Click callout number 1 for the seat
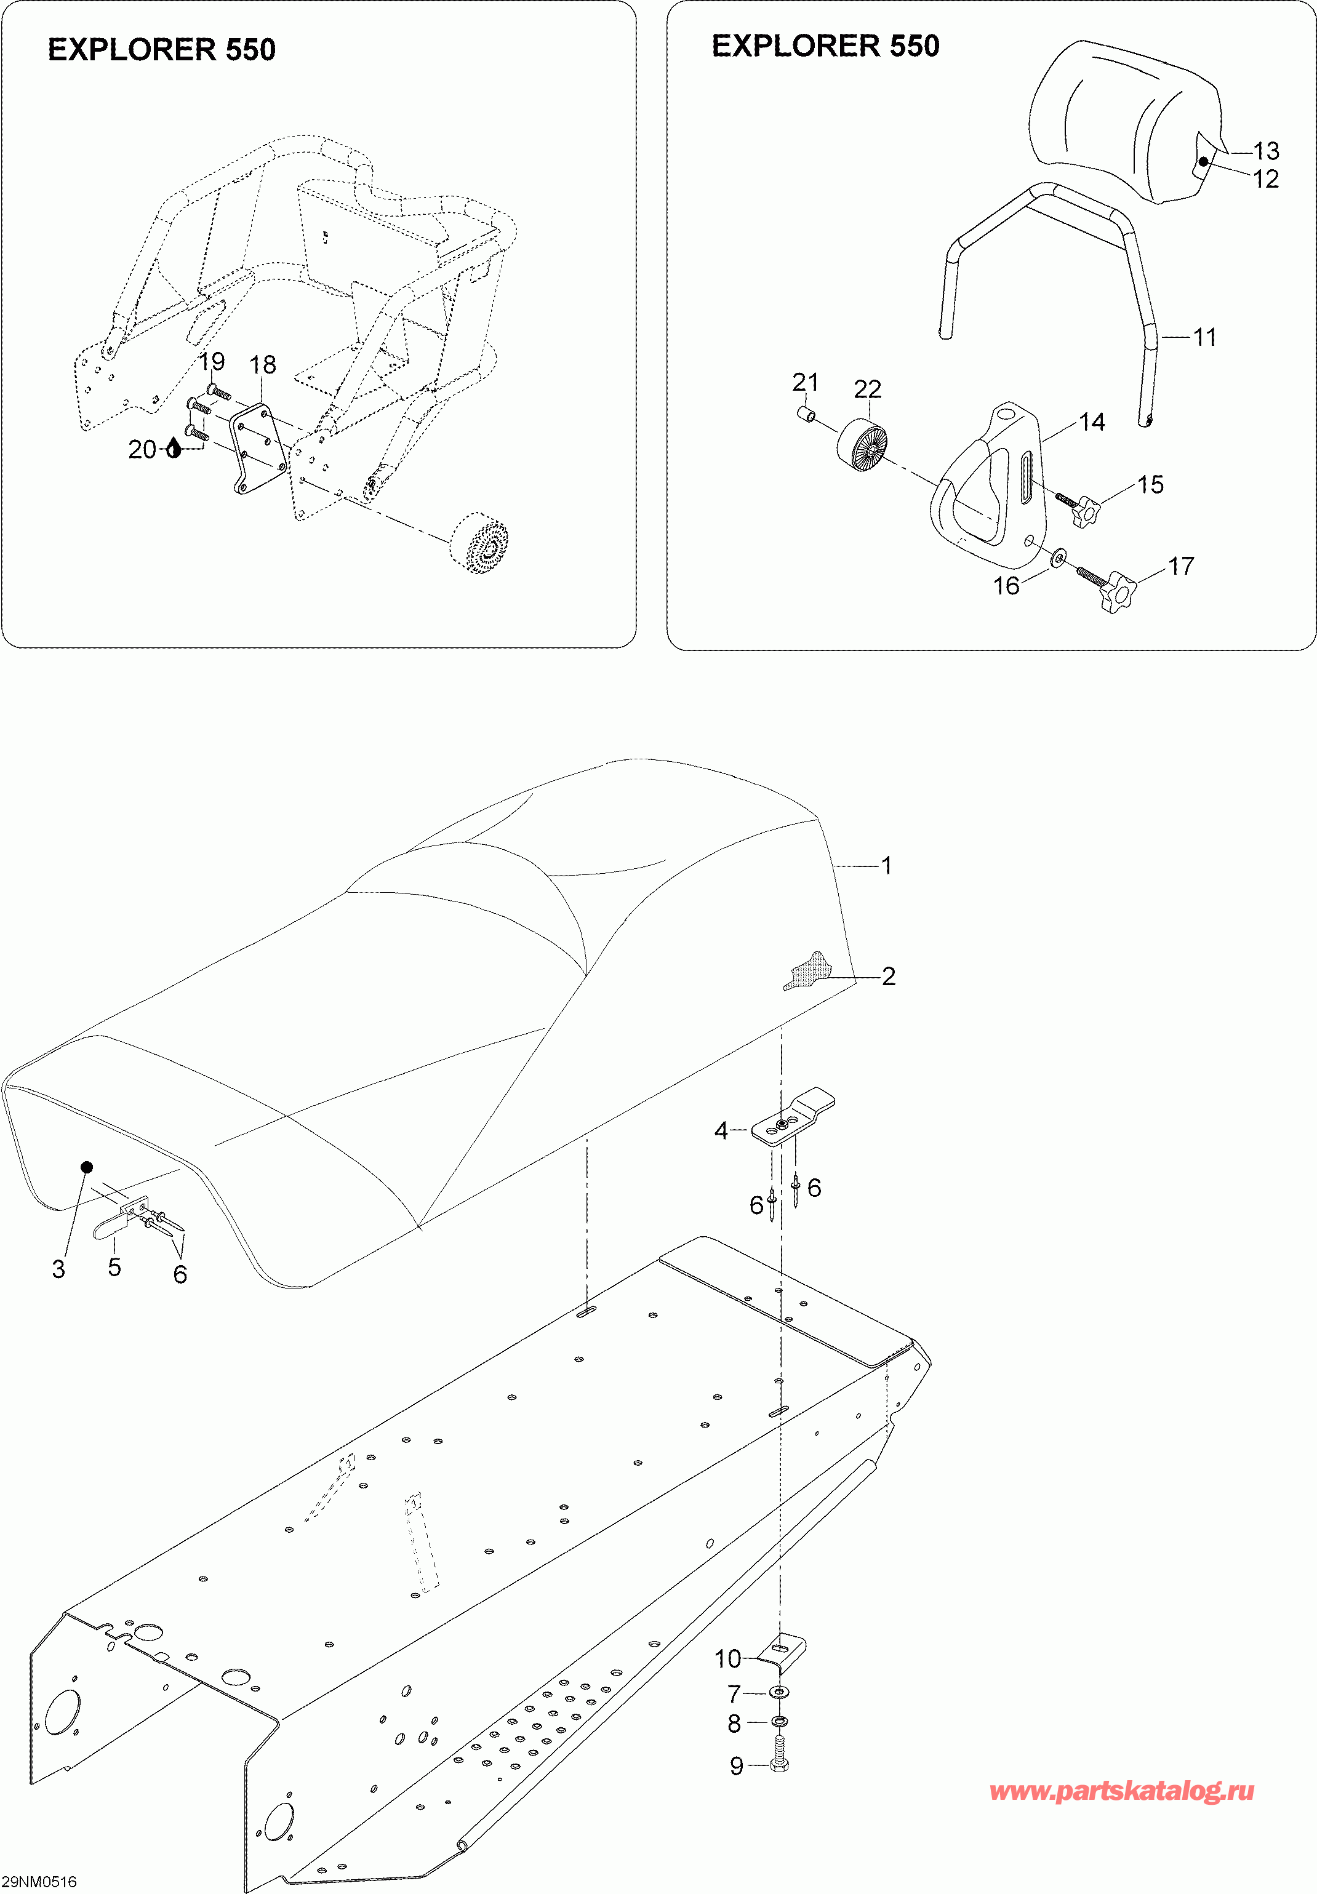886,865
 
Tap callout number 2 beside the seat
888,976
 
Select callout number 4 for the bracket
721,1130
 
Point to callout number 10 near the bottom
728,1658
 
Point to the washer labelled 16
1059,559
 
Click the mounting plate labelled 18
257,450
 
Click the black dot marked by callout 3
87,1167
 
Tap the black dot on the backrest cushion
1204,161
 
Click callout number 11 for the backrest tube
1205,337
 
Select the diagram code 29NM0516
39,1881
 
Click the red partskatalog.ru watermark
1121,1791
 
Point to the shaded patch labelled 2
809,970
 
